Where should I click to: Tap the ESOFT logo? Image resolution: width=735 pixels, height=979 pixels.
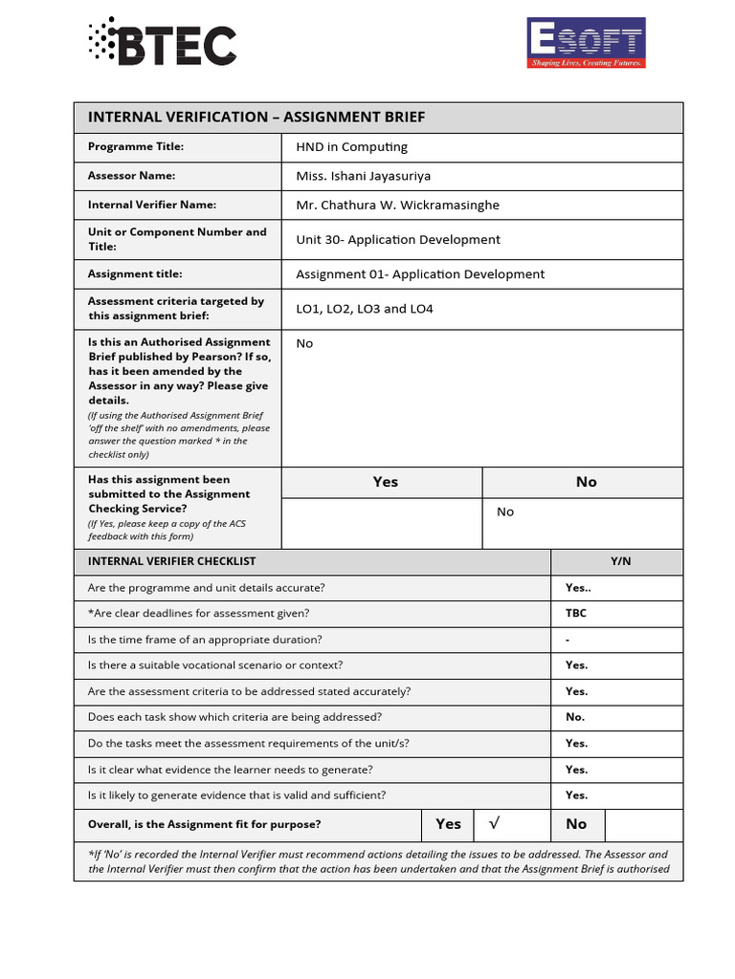[x=587, y=43]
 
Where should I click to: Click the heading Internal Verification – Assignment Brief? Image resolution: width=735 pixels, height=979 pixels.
[x=256, y=117]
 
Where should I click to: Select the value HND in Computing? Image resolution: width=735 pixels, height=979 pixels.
[x=351, y=147]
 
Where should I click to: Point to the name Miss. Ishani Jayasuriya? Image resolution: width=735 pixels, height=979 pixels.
[x=363, y=176]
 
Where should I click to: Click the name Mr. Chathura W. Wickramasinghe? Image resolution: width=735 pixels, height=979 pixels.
[x=397, y=205]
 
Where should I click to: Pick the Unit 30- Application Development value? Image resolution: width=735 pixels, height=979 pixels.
[x=397, y=240]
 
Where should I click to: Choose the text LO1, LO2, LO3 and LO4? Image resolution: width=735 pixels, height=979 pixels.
[x=364, y=309]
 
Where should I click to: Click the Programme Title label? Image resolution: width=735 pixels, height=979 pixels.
[x=136, y=147]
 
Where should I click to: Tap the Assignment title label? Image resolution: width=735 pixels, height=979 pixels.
[x=135, y=274]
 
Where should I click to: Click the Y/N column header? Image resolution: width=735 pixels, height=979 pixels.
[x=620, y=561]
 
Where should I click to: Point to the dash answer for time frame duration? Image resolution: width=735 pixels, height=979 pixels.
[x=568, y=640]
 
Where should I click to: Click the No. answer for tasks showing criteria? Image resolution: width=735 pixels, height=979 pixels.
[x=575, y=717]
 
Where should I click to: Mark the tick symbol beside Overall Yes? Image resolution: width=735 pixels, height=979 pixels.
[x=494, y=823]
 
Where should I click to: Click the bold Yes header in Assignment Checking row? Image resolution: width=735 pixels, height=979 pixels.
[x=385, y=482]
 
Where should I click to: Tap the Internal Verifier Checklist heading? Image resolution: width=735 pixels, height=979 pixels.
[x=171, y=561]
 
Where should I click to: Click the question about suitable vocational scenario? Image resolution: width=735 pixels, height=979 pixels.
[x=214, y=665]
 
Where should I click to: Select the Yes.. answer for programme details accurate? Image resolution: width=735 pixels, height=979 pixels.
[x=578, y=588]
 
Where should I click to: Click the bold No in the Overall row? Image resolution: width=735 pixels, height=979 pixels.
[x=576, y=824]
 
